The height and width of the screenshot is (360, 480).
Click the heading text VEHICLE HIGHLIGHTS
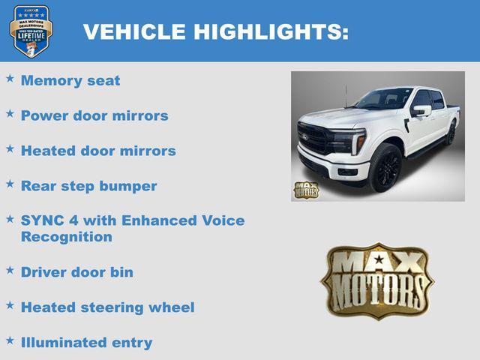click(x=216, y=31)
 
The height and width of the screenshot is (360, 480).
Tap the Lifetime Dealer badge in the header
click(x=31, y=31)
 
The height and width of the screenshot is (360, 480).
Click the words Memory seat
click(x=70, y=80)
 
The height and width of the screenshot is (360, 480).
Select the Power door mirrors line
click(x=94, y=115)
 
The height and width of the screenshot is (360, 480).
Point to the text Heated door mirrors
click(x=98, y=151)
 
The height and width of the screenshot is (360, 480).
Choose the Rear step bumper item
click(x=88, y=186)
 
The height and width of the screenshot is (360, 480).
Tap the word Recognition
click(x=67, y=237)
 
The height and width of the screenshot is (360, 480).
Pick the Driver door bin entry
click(x=77, y=272)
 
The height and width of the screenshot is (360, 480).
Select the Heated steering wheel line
click(x=107, y=307)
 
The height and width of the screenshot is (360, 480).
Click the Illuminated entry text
click(x=86, y=343)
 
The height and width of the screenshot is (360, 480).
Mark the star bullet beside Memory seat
click(x=10, y=78)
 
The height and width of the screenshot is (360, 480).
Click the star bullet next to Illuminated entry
click(x=10, y=340)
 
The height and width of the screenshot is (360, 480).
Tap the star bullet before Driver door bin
click(x=10, y=270)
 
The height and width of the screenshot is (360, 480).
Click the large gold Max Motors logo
click(x=377, y=281)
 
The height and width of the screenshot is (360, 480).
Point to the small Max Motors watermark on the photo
click(x=305, y=190)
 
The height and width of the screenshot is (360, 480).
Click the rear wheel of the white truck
click(x=451, y=133)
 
